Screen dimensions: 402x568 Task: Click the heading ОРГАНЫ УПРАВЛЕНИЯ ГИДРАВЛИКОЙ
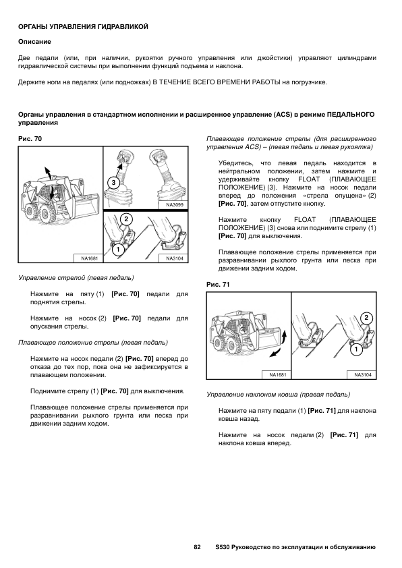(x=83, y=27)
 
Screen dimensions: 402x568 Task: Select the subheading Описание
(x=34, y=42)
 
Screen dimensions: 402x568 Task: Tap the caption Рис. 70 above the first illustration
(x=30, y=139)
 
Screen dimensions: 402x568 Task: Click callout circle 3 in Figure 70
(x=113, y=183)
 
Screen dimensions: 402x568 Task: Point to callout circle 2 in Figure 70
(x=126, y=219)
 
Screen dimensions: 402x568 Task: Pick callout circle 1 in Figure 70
(x=118, y=249)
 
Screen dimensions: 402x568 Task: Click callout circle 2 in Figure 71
(x=366, y=318)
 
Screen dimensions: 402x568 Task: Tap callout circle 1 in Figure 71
(x=356, y=349)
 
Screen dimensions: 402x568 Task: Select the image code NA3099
(x=175, y=204)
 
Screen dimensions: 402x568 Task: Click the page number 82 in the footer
(x=198, y=547)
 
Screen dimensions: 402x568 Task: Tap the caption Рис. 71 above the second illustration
(x=218, y=285)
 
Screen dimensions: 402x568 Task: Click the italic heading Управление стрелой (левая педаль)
(x=76, y=278)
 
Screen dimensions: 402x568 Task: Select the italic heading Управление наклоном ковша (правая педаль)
(x=278, y=394)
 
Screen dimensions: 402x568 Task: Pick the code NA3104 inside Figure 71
(x=363, y=374)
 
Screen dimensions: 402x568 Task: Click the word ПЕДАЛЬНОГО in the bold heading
(x=351, y=115)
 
